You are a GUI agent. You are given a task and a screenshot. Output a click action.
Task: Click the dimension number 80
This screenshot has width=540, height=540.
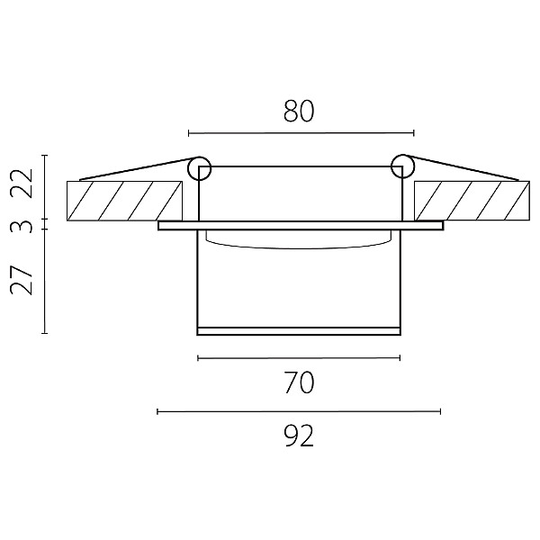tap(299, 112)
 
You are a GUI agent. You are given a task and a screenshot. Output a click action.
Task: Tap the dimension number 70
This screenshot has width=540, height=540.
tap(299, 382)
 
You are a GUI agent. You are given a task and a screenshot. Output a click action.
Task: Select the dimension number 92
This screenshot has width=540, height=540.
tap(299, 436)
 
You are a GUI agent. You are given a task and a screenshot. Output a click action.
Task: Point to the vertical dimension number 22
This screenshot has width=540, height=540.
tap(22, 183)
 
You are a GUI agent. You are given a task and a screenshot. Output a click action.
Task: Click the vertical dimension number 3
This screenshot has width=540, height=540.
tap(22, 227)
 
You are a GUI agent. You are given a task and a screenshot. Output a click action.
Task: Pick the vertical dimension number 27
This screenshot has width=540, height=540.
tap(22, 279)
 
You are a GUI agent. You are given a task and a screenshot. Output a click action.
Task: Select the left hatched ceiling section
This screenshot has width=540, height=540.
tap(124, 201)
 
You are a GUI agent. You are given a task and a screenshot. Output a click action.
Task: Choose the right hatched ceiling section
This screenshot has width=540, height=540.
tap(472, 201)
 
